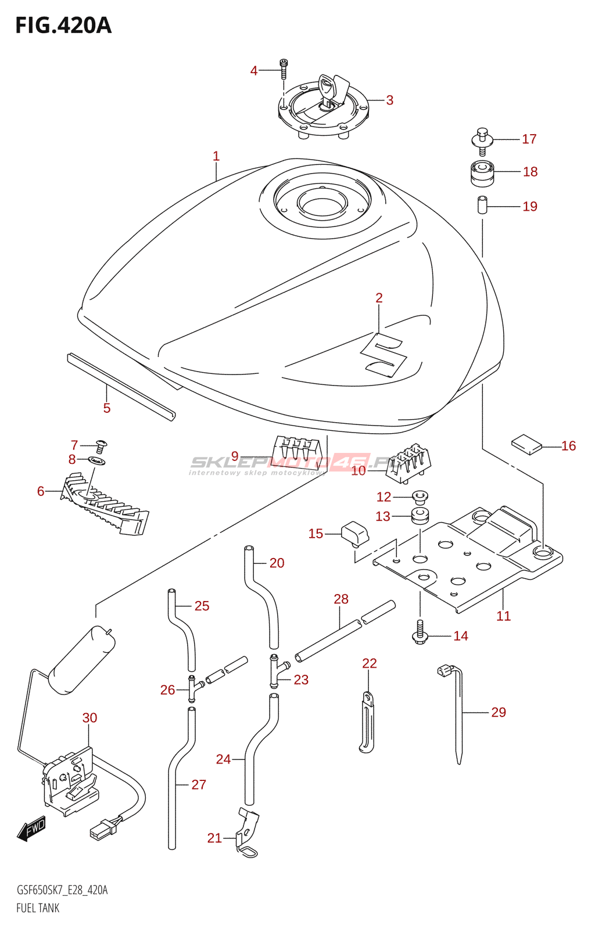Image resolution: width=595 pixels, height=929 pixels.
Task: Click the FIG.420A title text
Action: click(x=63, y=26)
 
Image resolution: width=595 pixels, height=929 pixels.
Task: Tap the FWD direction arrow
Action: click(x=31, y=829)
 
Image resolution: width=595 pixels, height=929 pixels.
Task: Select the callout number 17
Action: click(x=529, y=139)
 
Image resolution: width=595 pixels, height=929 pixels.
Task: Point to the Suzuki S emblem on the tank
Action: click(x=384, y=355)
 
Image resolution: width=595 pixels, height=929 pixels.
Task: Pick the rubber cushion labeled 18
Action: click(x=482, y=173)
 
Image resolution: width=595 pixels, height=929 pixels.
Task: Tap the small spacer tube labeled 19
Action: click(x=482, y=206)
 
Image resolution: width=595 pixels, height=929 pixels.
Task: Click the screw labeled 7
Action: click(x=101, y=446)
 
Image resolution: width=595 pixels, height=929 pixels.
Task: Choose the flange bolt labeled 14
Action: click(x=420, y=632)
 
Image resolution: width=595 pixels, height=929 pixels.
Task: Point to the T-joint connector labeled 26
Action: click(x=193, y=689)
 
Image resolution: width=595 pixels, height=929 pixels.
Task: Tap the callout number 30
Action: click(x=89, y=718)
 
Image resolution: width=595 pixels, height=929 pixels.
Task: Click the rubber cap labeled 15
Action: click(x=354, y=534)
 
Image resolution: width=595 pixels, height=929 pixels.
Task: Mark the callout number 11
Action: click(x=503, y=616)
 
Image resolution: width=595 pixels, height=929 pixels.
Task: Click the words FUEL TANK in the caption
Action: click(x=38, y=908)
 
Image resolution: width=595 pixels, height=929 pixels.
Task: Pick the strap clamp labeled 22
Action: click(x=367, y=721)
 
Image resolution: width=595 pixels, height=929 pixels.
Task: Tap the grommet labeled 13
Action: click(x=420, y=515)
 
